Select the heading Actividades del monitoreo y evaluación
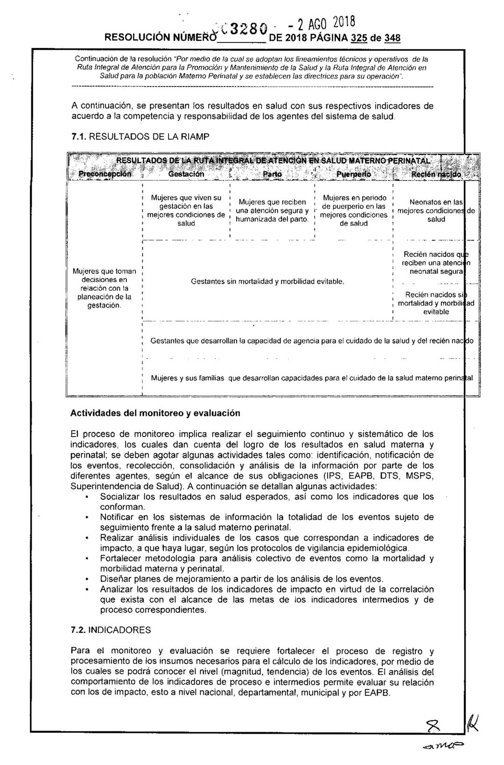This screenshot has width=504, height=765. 155,413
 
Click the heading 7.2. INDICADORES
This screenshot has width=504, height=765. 111,630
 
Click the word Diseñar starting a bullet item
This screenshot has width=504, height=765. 115,579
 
